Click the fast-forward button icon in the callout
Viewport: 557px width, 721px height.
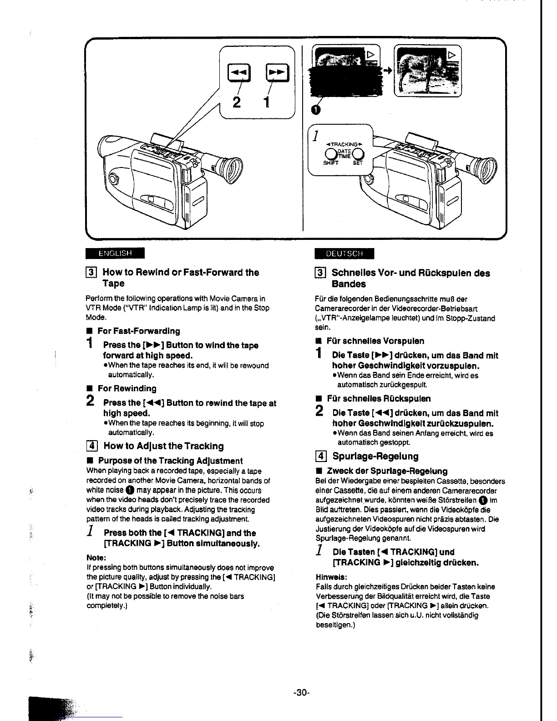click(x=275, y=71)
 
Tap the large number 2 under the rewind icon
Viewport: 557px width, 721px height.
click(x=237, y=103)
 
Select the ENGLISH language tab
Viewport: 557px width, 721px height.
click(x=115, y=253)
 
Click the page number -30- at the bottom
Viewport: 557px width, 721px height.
click(x=301, y=693)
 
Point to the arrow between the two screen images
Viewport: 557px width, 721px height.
click(x=387, y=71)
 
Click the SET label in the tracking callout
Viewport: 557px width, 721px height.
click(x=358, y=162)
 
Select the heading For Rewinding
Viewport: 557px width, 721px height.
click(x=127, y=388)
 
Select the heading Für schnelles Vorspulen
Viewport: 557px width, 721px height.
click(x=375, y=341)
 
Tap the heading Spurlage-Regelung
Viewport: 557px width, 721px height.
click(x=375, y=456)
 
